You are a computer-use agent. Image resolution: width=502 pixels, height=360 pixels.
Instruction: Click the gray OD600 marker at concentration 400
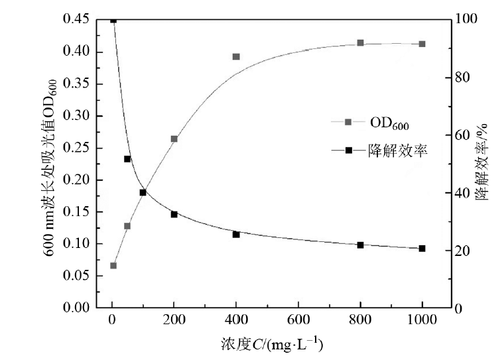point(236,57)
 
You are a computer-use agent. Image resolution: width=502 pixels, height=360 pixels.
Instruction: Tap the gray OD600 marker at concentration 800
point(360,43)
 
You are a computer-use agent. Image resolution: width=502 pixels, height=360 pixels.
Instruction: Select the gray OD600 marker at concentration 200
point(174,139)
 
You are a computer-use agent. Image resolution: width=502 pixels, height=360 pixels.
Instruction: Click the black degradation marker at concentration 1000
point(422,249)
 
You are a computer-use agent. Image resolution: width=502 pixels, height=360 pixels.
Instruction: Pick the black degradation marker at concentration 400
point(236,234)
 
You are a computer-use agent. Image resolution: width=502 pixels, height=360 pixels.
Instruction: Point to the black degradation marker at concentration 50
point(127,159)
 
